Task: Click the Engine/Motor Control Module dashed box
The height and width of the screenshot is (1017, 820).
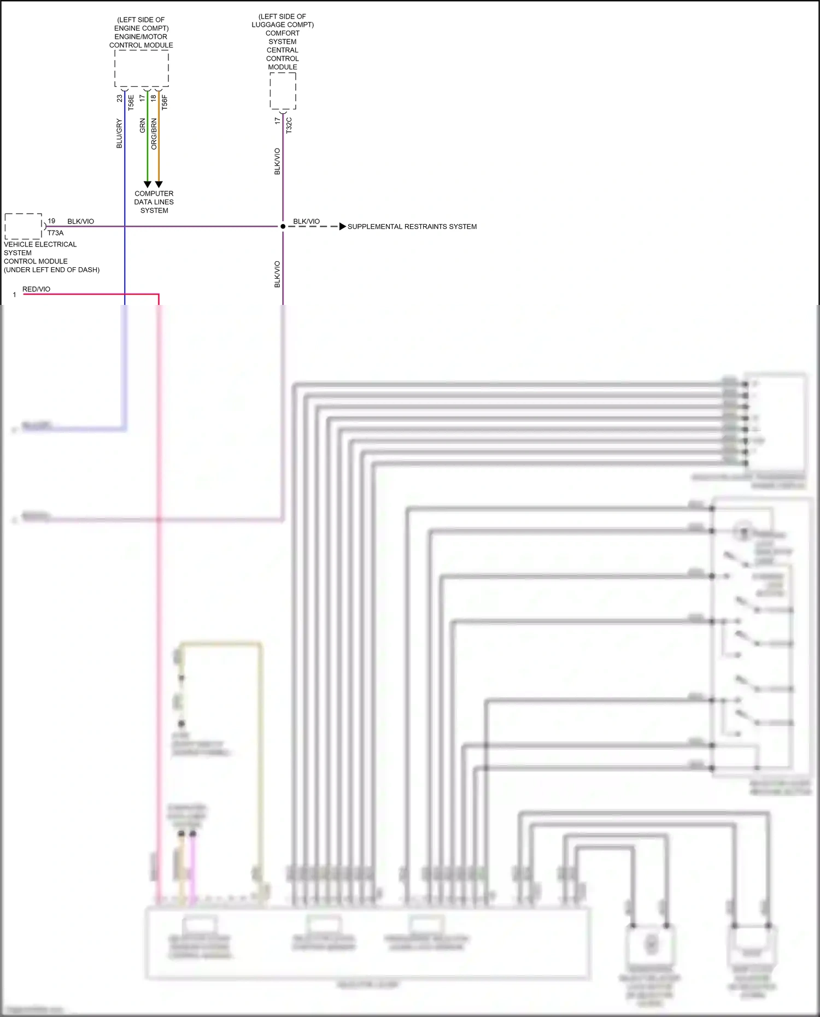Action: (141, 68)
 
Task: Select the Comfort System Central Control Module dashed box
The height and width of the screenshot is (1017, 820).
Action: (283, 91)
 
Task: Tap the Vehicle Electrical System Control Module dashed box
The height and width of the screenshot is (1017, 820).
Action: (23, 226)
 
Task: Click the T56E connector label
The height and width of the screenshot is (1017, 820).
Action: (131, 102)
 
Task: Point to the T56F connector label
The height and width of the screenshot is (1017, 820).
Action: (165, 102)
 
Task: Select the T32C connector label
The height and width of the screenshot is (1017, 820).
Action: (289, 125)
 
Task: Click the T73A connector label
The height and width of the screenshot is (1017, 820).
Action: (55, 233)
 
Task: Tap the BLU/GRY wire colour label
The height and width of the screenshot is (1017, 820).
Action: (119, 134)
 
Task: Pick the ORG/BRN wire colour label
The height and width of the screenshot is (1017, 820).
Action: (154, 134)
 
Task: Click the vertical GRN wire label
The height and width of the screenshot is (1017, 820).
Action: (143, 126)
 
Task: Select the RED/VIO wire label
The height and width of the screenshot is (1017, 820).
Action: (36, 289)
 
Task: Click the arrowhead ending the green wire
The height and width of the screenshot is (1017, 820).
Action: (147, 185)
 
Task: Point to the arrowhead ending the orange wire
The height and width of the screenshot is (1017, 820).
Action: (159, 185)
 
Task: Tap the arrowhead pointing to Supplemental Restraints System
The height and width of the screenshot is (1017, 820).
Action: (342, 226)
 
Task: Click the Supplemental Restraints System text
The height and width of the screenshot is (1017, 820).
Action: (412, 226)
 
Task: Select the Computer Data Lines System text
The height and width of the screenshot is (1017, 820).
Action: (154, 202)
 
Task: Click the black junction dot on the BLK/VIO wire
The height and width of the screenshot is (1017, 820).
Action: (283, 226)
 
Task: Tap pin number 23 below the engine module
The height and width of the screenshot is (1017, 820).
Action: (120, 98)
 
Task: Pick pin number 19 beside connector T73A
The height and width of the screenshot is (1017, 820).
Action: (51, 221)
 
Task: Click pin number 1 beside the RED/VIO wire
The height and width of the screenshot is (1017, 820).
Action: (14, 295)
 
